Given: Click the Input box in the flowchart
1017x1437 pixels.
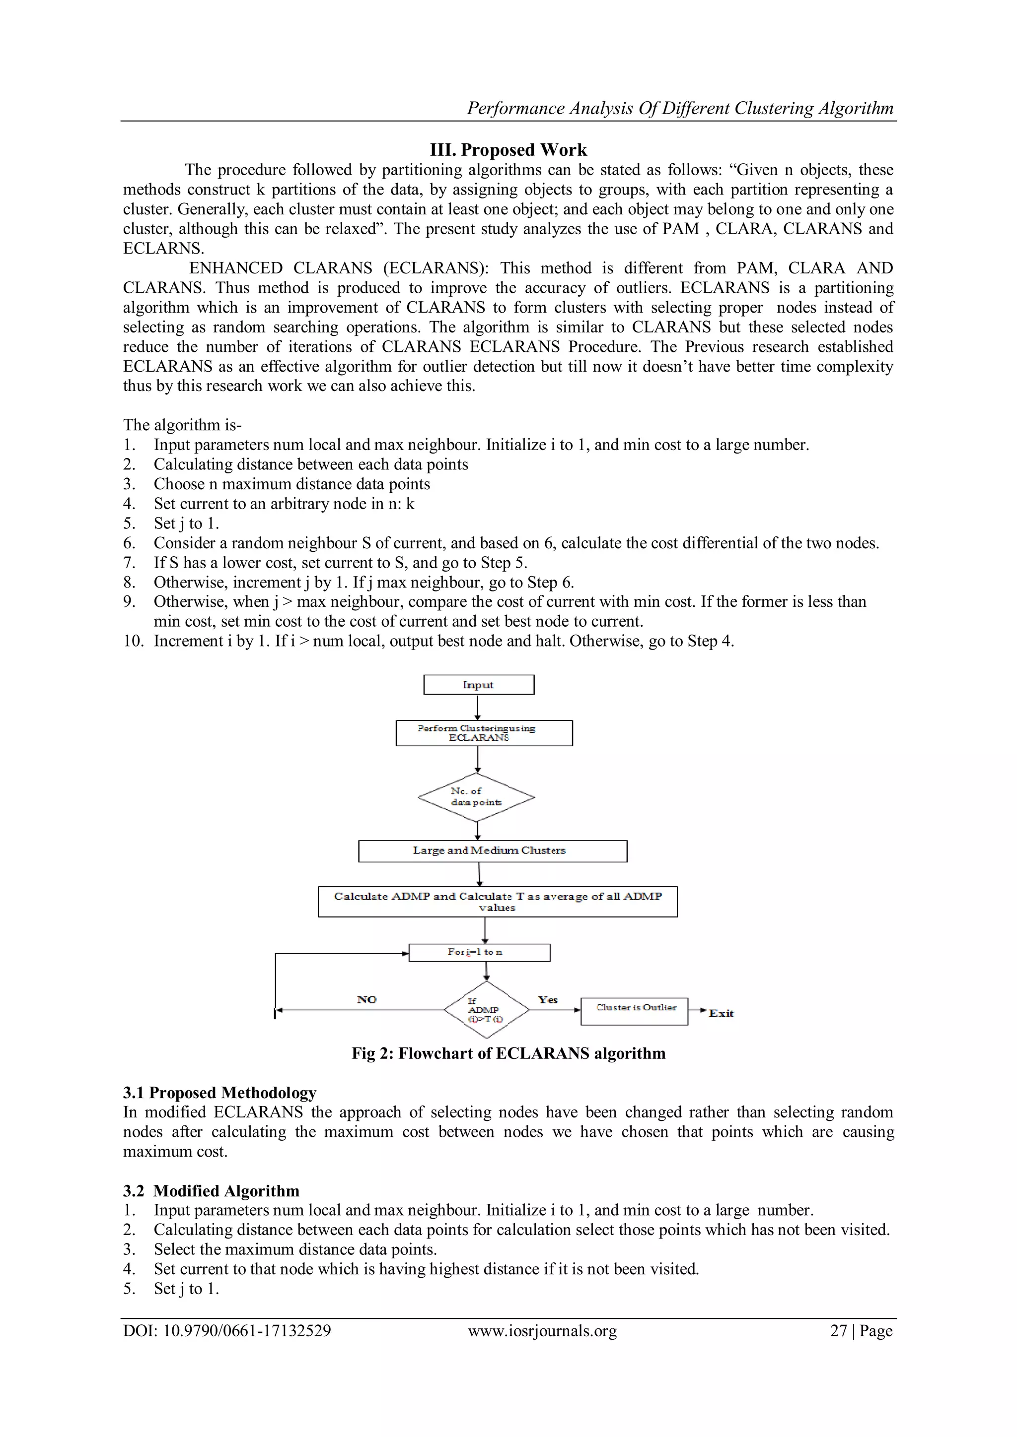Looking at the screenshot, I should tap(478, 684).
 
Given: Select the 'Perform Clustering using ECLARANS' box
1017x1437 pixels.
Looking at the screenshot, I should tap(484, 733).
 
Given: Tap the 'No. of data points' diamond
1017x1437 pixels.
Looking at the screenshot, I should tap(477, 797).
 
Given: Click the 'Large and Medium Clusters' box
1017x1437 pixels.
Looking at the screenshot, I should tap(492, 850).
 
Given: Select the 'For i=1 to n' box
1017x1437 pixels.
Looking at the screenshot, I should tap(479, 952).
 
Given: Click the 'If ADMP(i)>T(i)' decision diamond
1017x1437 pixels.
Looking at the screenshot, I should tap(487, 1010).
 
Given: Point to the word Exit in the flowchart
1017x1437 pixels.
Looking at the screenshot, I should tap(721, 1013).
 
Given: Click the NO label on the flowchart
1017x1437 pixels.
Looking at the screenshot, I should tap(367, 999).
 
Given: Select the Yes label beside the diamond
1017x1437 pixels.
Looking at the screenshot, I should tap(548, 999).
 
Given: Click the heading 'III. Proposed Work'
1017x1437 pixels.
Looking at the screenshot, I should tap(508, 150).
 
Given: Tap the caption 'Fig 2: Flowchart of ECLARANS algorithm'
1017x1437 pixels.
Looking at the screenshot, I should tap(508, 1053).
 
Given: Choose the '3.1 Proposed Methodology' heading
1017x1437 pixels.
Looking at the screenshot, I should tap(219, 1093).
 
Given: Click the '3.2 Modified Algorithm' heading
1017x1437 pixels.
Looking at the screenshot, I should tap(211, 1190).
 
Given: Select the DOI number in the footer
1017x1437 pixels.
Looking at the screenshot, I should tap(227, 1330).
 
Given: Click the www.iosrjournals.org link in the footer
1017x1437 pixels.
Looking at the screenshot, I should tap(542, 1330).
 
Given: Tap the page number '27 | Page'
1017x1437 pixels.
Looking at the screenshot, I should tap(861, 1330).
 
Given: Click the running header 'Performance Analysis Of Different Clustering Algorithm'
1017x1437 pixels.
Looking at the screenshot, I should tap(680, 108).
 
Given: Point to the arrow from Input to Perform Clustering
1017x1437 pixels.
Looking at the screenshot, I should tap(478, 707).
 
